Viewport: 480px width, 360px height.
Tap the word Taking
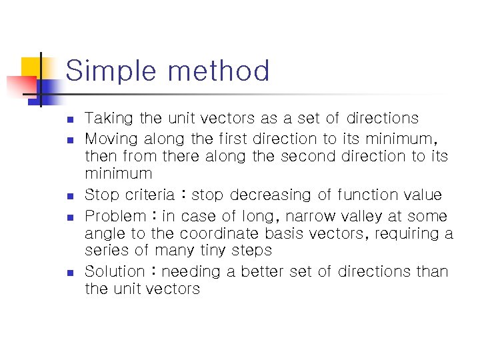point(110,119)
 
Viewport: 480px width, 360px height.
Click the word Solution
point(114,271)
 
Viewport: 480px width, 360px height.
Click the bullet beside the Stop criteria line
point(69,196)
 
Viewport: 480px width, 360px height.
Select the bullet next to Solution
point(69,273)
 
